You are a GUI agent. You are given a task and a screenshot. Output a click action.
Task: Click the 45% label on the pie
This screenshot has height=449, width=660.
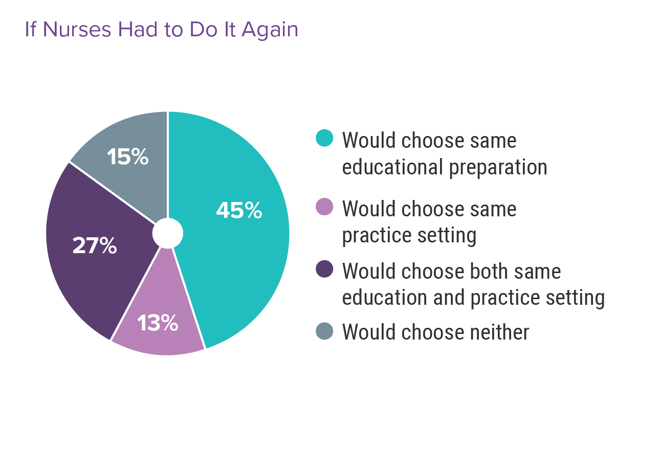[239, 211]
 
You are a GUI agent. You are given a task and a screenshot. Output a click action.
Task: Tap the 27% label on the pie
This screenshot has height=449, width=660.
[95, 246]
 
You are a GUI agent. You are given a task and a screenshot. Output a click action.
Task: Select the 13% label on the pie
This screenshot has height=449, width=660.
[158, 323]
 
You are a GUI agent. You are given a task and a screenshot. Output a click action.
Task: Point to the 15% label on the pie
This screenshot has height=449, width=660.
[128, 157]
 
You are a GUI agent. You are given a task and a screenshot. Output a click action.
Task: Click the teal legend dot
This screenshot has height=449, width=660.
[325, 138]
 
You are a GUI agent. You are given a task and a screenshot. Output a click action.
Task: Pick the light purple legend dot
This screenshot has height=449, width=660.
[325, 207]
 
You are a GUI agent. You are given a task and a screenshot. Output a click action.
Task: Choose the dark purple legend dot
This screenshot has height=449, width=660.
[325, 269]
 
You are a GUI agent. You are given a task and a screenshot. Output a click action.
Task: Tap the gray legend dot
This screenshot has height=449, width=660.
[325, 331]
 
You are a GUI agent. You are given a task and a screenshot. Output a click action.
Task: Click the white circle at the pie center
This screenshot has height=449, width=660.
[167, 233]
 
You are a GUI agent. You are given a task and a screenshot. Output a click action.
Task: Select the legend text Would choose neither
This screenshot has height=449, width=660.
[435, 332]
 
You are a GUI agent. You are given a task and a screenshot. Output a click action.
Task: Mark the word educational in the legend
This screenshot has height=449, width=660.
[392, 167]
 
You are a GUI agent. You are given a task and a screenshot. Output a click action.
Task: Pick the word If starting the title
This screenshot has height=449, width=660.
[30, 30]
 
